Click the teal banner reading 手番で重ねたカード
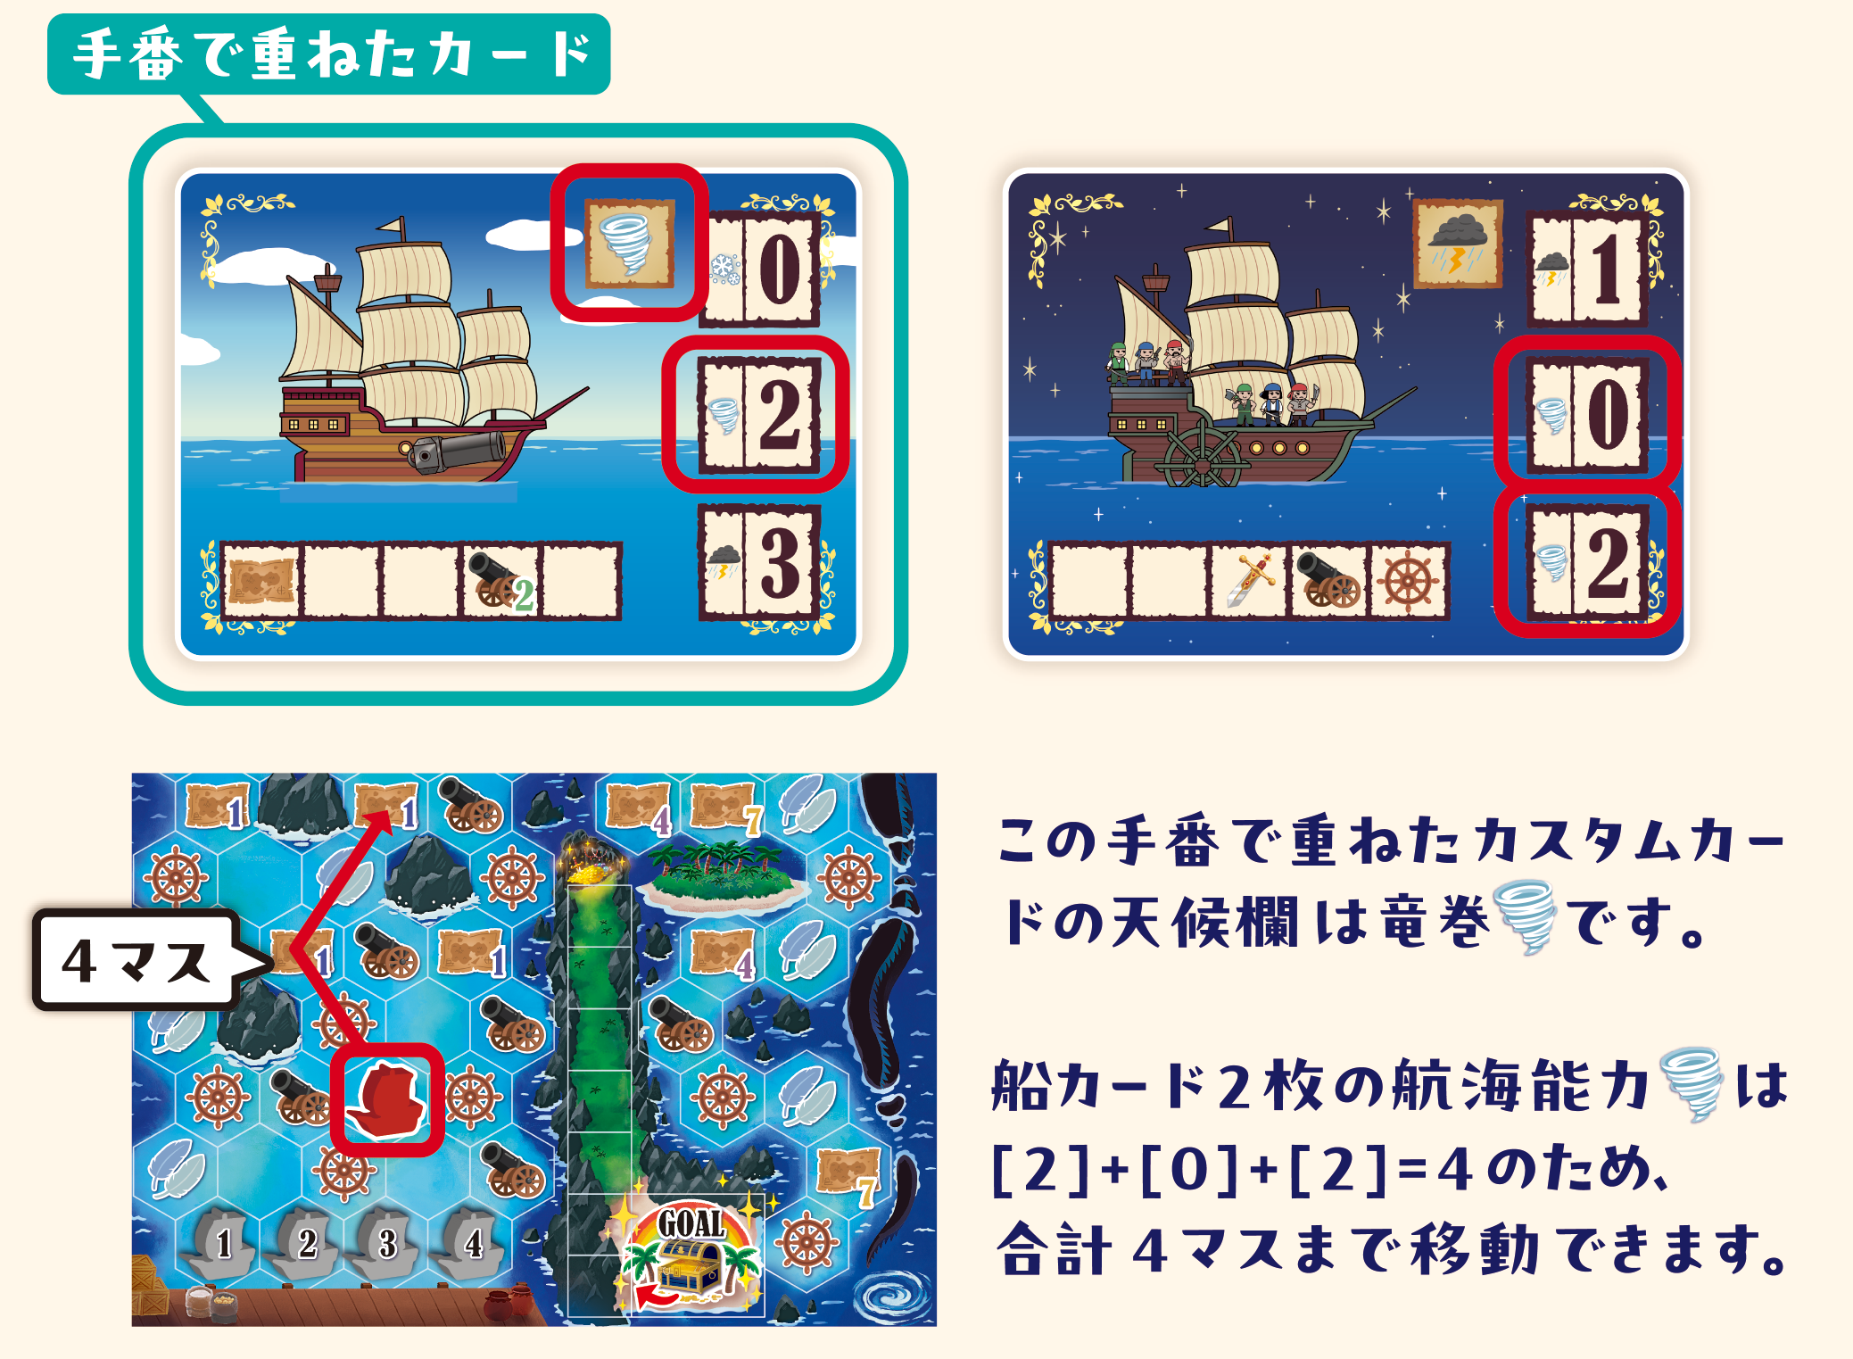point(328,54)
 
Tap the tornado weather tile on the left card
point(629,243)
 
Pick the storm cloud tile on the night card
point(1459,244)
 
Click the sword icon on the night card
point(1249,581)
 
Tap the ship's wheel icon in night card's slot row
point(1408,581)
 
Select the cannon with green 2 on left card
point(501,581)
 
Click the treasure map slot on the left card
point(261,581)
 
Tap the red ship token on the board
point(386,1100)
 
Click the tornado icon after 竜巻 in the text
point(1526,916)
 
